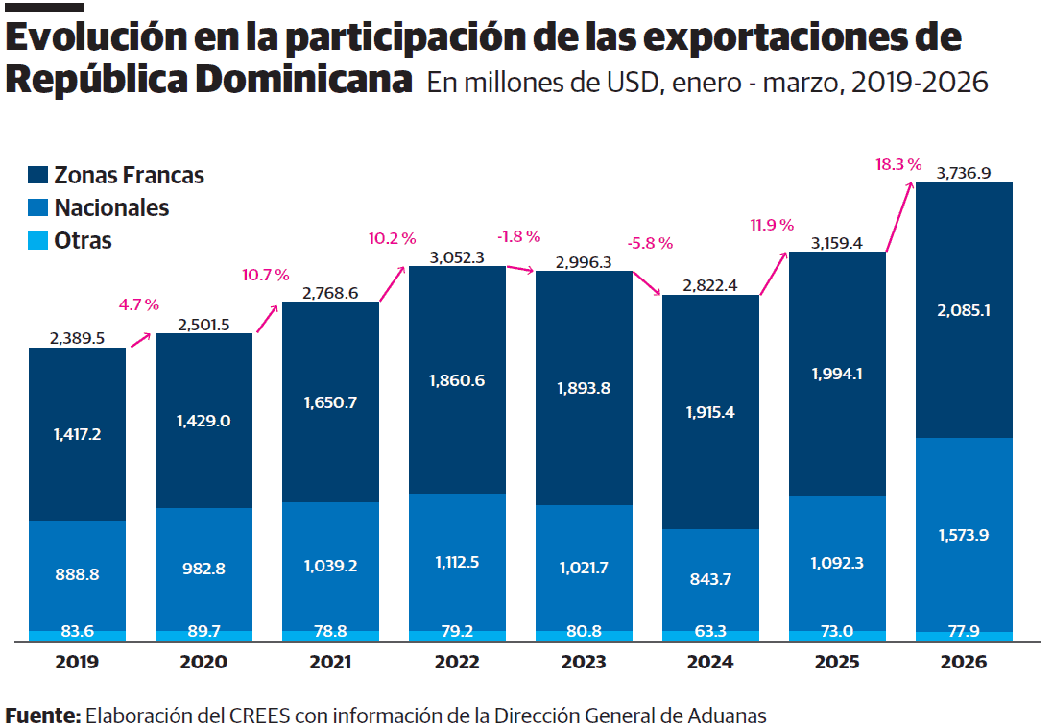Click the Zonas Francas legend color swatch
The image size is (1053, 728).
coord(38,176)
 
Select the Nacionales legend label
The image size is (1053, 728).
coord(111,207)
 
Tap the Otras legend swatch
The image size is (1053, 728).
coord(38,240)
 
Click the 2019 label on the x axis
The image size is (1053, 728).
coord(77,662)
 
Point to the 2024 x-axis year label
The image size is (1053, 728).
coord(710,662)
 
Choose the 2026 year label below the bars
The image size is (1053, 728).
coord(964,662)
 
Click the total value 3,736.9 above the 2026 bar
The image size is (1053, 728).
coord(964,173)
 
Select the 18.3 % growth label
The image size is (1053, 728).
coord(897,164)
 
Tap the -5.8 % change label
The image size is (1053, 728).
coord(650,244)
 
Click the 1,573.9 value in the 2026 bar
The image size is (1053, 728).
coord(964,535)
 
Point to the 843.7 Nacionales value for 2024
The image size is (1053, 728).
coord(710,578)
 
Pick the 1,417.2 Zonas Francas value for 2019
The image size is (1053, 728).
coord(77,434)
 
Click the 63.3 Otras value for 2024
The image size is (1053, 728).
coord(710,632)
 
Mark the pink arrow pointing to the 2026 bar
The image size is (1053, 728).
coord(898,216)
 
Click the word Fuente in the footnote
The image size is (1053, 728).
coord(42,716)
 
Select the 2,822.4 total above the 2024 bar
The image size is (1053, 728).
coord(710,285)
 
